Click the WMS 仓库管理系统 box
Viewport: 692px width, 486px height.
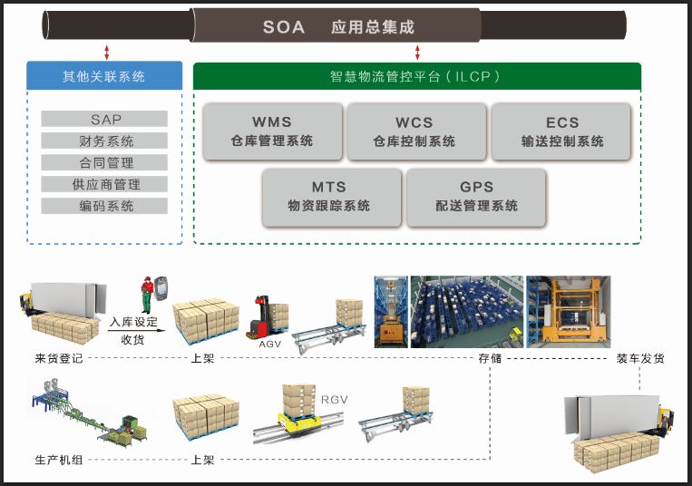[x=273, y=131]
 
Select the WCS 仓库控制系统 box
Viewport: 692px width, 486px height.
[x=414, y=131]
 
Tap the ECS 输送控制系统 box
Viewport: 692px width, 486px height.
[x=561, y=131]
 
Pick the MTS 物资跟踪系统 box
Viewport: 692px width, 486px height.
[x=329, y=196]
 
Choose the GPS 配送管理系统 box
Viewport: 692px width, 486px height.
[x=476, y=196]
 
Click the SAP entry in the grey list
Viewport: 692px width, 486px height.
[x=105, y=119]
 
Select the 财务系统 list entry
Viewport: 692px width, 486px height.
[x=105, y=141]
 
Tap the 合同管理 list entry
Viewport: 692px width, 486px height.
[x=105, y=162]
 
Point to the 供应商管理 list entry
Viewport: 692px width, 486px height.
[x=105, y=184]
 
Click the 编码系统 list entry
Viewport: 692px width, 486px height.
[x=105, y=206]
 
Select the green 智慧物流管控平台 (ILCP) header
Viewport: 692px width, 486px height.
[x=416, y=76]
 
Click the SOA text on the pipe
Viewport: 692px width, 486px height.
[x=284, y=27]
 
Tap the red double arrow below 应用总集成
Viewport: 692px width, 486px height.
[x=417, y=52]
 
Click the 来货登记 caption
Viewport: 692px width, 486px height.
[x=59, y=358]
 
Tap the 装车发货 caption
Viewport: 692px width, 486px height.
[x=640, y=358]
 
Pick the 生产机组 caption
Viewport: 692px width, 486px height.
[x=59, y=460]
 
